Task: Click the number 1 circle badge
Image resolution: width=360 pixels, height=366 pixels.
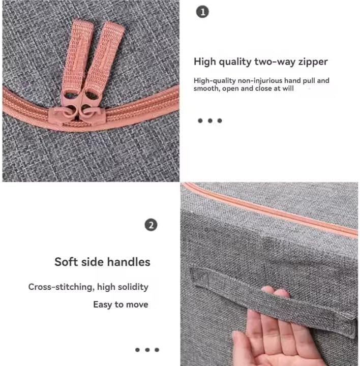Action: pyautogui.click(x=202, y=12)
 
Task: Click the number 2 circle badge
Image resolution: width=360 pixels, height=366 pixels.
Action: pyautogui.click(x=151, y=225)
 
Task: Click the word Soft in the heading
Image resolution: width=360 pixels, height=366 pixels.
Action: pyautogui.click(x=65, y=262)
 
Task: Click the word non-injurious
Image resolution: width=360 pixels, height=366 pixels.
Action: pyautogui.click(x=260, y=80)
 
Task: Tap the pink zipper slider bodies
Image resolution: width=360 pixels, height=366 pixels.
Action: pyautogui.click(x=77, y=114)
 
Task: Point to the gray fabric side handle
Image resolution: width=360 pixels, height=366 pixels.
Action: pyautogui.click(x=273, y=301)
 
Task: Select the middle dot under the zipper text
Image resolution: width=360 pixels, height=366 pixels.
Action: pyautogui.click(x=210, y=120)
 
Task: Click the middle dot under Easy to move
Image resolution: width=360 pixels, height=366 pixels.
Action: pyautogui.click(x=147, y=350)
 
